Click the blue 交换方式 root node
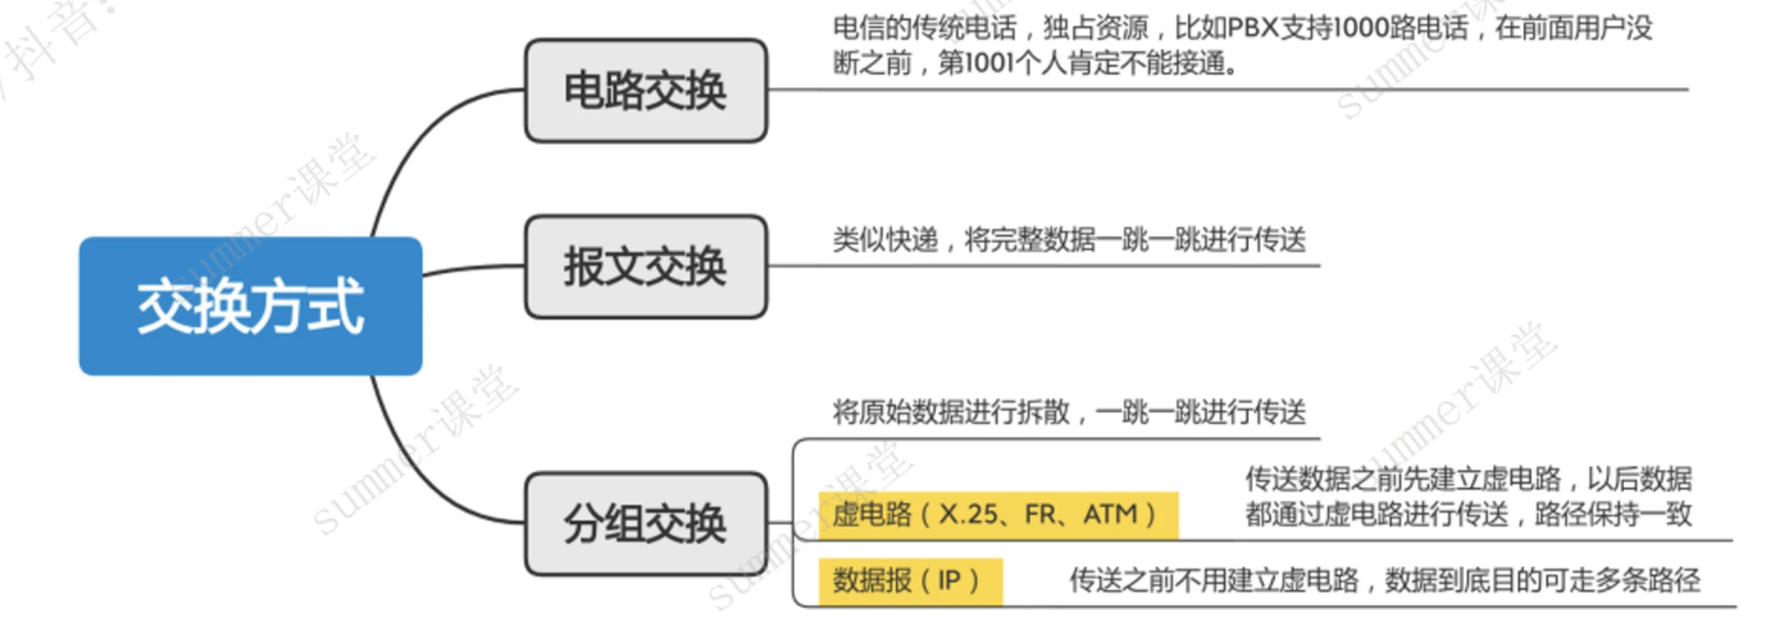[x=250, y=306]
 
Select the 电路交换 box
[x=646, y=90]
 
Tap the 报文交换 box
[x=646, y=267]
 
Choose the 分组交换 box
[x=646, y=523]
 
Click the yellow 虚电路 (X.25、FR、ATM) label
[x=997, y=515]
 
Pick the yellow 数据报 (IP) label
[x=909, y=580]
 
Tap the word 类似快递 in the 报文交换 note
[x=885, y=240]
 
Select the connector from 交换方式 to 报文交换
[x=472, y=268]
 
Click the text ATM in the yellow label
[x=1110, y=515]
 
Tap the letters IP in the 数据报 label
[x=949, y=580]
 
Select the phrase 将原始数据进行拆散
[x=951, y=411]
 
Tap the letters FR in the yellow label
[x=1040, y=515]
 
